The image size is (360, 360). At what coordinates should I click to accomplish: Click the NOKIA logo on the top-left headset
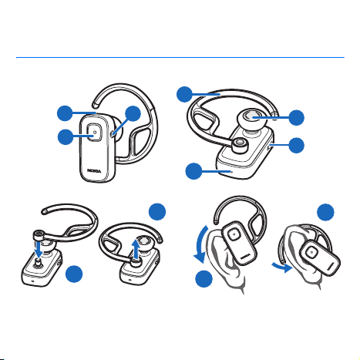94,171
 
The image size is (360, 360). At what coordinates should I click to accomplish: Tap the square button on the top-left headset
94,133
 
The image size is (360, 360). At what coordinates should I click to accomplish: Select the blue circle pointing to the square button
66,137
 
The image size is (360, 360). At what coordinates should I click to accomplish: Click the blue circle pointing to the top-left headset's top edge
65,113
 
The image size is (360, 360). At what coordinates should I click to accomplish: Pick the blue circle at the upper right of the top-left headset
133,113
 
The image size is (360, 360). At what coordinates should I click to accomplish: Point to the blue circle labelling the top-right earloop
184,94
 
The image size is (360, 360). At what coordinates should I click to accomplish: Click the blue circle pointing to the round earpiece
297,118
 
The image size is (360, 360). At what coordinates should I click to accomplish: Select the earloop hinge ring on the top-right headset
240,145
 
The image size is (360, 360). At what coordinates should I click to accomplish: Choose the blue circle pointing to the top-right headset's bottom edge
193,171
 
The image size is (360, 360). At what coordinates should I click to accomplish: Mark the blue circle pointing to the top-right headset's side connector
297,146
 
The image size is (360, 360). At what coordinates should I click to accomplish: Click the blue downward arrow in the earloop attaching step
39,248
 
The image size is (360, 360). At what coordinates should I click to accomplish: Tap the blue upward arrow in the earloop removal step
136,249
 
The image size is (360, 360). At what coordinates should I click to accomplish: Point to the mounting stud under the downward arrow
38,263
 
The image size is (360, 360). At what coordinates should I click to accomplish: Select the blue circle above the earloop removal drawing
157,212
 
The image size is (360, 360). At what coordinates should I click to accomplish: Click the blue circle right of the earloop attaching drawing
74,274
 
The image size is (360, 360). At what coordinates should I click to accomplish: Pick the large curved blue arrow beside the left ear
198,244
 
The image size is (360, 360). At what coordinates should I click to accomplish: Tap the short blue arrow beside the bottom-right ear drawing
282,267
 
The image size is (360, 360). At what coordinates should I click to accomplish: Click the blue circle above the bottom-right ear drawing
325,212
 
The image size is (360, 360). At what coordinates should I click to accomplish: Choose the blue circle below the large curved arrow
204,278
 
